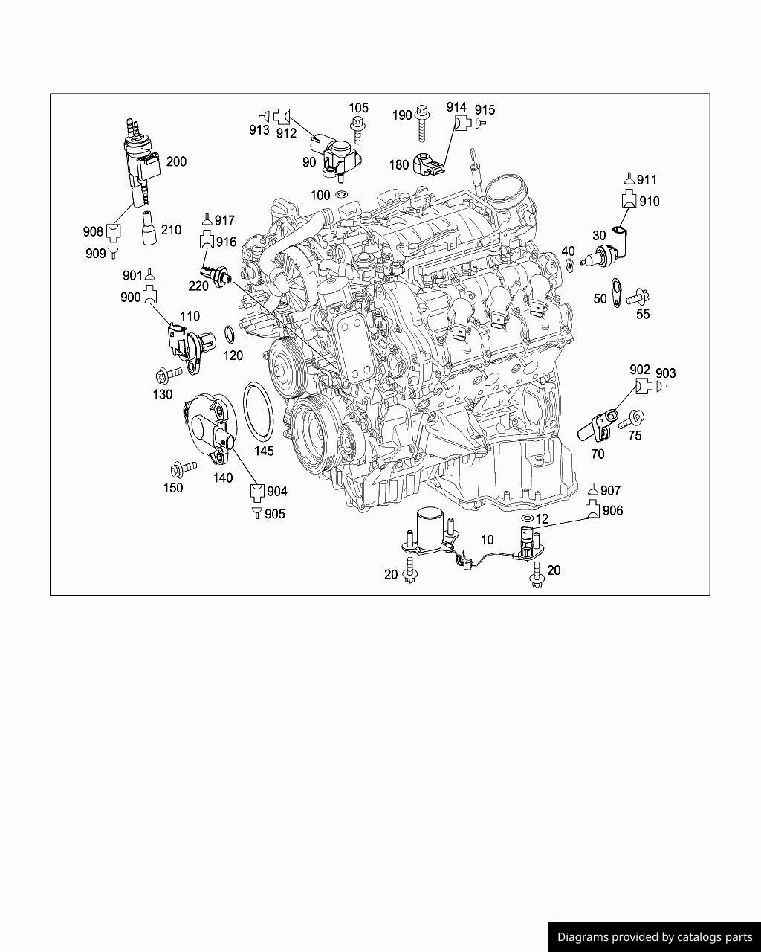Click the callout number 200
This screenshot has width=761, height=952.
[176, 161]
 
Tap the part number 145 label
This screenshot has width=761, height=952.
[264, 451]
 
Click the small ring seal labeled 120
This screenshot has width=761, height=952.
[230, 333]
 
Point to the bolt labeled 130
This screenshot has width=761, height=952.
[167, 373]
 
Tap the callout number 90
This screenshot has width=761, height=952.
[308, 161]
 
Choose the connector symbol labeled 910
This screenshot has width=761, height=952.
[629, 199]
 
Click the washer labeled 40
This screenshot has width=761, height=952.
[569, 266]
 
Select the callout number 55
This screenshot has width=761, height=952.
[643, 314]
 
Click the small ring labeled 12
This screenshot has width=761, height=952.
[527, 518]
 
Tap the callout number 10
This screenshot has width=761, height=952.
[487, 540]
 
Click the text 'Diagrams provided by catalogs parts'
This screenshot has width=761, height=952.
[655, 937]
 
